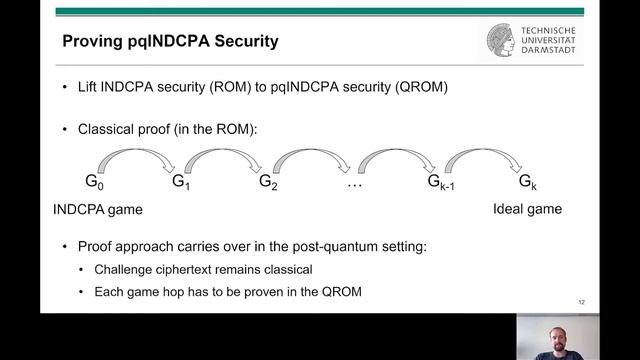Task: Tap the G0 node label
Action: [x=93, y=182]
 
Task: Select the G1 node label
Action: [x=180, y=182]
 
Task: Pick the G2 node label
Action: [x=267, y=182]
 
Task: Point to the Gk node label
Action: [x=527, y=182]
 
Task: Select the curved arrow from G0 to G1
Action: [x=134, y=155]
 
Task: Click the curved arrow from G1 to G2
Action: [x=222, y=155]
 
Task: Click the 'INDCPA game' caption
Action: [x=96, y=209]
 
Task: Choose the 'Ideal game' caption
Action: [x=527, y=209]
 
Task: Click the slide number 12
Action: [x=582, y=301]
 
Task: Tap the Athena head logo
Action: [x=502, y=41]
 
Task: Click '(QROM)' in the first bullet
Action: [x=421, y=87]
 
